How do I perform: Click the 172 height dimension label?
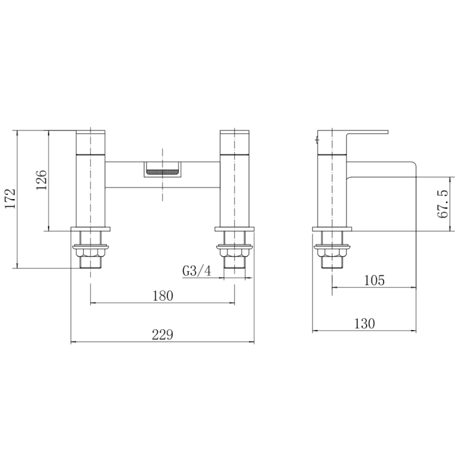(10, 199)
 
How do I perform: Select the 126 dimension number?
(41, 180)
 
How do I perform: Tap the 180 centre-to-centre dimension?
(163, 295)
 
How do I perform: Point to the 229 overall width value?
(163, 334)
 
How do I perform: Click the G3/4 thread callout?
(197, 271)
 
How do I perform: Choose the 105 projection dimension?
(374, 280)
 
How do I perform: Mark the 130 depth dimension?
(365, 323)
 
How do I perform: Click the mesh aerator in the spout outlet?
(163, 173)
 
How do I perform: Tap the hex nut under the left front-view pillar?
(90, 253)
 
